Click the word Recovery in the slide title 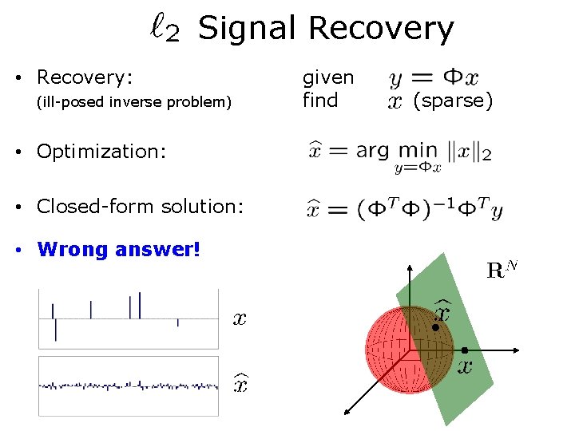point(380,29)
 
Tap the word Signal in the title point(248,29)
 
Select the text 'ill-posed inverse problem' point(134,102)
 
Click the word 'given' point(327,77)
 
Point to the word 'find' point(319,101)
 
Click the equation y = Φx point(434,78)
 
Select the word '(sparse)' point(453,101)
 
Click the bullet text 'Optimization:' point(101,152)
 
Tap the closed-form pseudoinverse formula point(404,209)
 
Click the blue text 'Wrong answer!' point(119,250)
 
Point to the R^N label point(502,269)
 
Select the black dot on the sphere point(435,327)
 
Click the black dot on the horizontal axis point(464,350)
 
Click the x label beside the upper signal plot point(239,319)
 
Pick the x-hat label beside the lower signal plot point(239,384)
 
